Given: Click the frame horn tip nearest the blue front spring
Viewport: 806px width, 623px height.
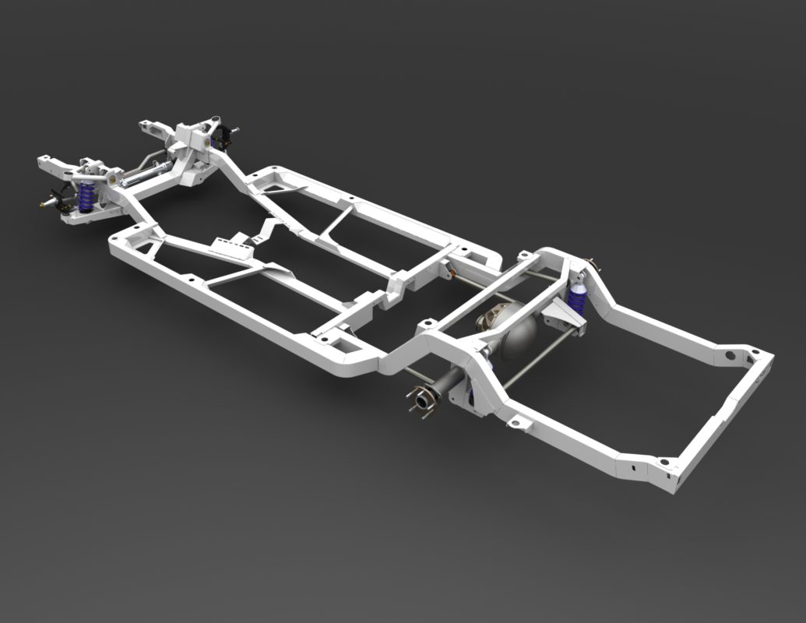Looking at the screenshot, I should (x=48, y=164).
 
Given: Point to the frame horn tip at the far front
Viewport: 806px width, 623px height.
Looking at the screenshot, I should (x=148, y=125).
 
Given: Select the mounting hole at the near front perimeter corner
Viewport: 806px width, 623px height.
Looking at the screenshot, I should (x=114, y=237).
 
